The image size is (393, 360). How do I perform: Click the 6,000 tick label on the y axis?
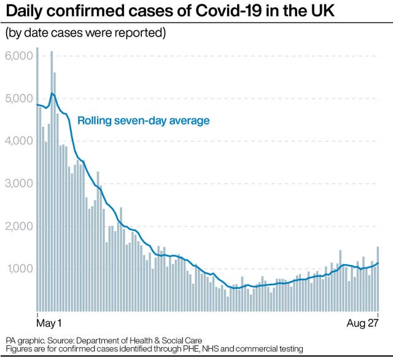click(x=18, y=56)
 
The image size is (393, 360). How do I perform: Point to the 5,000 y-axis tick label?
click(x=18, y=98)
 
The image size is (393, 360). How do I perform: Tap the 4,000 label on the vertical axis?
click(x=18, y=141)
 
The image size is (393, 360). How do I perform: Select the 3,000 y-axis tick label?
click(x=18, y=183)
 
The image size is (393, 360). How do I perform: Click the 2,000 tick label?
click(x=18, y=226)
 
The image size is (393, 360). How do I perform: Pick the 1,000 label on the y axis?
click(x=18, y=268)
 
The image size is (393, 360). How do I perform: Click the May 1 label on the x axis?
click(x=49, y=322)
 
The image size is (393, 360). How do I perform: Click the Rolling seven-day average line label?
click(x=143, y=120)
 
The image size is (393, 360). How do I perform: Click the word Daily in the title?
click(x=22, y=11)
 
